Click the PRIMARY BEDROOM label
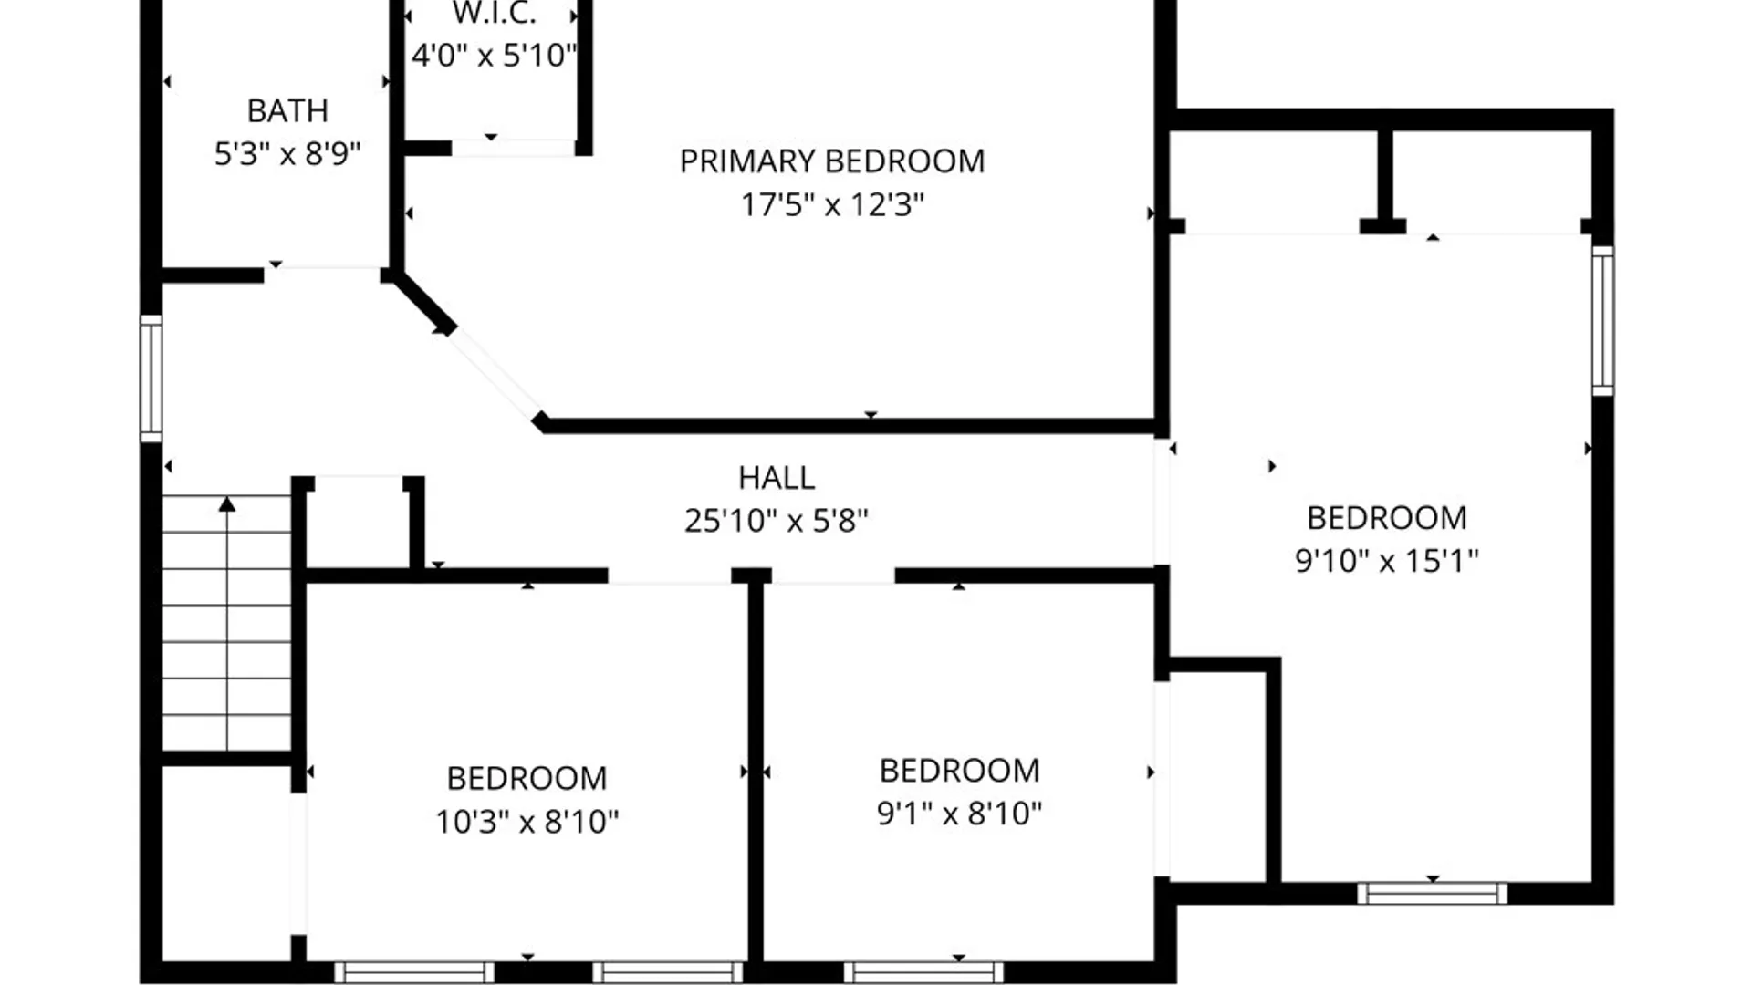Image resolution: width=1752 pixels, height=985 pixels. pos(831,161)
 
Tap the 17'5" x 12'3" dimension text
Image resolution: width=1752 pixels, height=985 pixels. pos(831,204)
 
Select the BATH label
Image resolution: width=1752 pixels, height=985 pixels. pos(287,111)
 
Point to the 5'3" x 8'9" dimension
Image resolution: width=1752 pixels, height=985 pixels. pos(287,153)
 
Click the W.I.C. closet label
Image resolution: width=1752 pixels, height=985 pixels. pos(494,14)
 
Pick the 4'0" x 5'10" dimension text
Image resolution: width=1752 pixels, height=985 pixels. pos(494,56)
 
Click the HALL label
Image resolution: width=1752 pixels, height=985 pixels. pos(777,478)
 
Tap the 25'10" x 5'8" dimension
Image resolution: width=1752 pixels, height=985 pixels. pos(777,521)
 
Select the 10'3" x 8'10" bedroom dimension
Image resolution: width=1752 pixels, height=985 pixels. pos(527,822)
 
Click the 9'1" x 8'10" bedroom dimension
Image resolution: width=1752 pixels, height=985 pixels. pos(959,813)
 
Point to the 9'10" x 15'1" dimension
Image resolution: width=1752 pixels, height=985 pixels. pos(1387,560)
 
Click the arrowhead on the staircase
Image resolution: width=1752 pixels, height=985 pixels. pos(227,504)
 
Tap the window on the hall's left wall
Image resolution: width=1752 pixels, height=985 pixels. pos(151,378)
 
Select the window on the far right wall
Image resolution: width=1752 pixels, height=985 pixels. pos(1602,320)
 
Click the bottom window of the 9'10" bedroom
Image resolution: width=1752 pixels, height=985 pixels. pos(1432,893)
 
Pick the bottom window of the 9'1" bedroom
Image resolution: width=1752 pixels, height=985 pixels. pos(923,972)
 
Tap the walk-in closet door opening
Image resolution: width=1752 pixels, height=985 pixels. pos(514,148)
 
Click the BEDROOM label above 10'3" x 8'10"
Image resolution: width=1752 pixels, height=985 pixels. pos(527,779)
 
